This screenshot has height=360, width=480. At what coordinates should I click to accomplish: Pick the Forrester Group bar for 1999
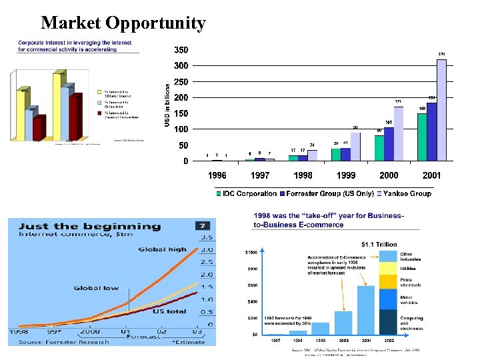tap(346, 154)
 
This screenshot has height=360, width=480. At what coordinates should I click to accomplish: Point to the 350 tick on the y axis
tap(181, 50)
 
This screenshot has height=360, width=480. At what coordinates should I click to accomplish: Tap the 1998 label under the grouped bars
tap(303, 176)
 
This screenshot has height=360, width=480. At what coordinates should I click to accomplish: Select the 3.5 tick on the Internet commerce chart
tap(207, 237)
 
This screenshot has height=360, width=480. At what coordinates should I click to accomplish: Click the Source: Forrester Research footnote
tap(65, 342)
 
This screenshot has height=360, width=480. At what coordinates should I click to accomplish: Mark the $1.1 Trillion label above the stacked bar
tap(379, 245)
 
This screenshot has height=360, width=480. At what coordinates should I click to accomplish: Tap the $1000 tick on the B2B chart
tap(251, 253)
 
